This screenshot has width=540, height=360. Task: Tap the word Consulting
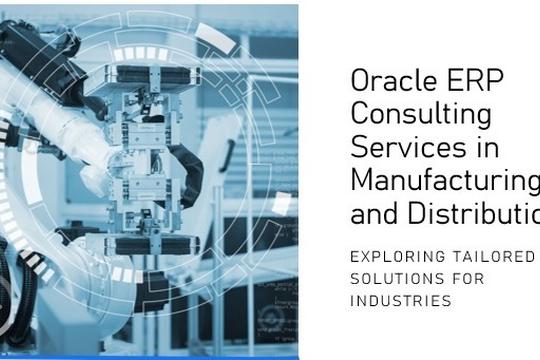point(407,113)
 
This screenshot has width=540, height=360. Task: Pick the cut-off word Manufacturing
point(445,180)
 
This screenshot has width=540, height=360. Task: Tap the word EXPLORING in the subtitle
point(393,257)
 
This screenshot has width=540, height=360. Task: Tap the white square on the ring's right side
point(282,203)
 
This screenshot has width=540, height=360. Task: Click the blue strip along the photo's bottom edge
point(150,356)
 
